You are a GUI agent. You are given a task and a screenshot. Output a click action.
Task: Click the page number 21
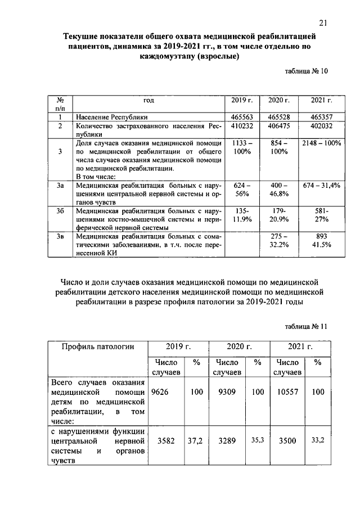[x=322, y=22]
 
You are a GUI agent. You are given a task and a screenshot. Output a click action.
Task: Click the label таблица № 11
[x=303, y=326]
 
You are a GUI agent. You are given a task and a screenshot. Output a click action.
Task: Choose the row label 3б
[x=60, y=211]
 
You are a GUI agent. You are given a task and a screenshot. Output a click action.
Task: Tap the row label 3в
[x=60, y=237]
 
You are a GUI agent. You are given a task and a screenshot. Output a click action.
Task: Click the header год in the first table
[x=148, y=100]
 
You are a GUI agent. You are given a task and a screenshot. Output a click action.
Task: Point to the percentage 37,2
[x=196, y=442]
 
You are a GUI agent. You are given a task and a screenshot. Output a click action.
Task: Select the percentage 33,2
[x=318, y=442]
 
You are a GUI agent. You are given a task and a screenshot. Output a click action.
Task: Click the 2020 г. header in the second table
[x=239, y=346]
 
